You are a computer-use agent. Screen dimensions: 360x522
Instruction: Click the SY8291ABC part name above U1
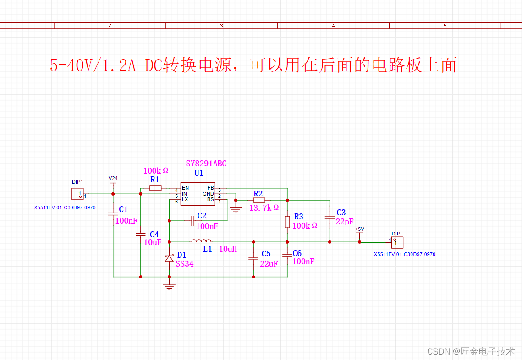pyautogui.click(x=206, y=164)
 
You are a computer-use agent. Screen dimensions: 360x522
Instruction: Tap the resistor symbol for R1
pyautogui.click(x=155, y=188)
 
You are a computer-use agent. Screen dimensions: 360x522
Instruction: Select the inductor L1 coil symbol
pyautogui.click(x=201, y=241)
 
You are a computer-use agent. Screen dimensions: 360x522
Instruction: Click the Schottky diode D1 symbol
pyautogui.click(x=169, y=258)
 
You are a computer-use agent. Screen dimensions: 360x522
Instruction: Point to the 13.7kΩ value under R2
pyautogui.click(x=264, y=207)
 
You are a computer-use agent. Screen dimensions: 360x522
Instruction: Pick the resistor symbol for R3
pyautogui.click(x=287, y=222)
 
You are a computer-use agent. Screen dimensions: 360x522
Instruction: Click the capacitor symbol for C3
pyautogui.click(x=330, y=218)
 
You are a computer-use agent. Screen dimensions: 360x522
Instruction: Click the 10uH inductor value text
pyautogui.click(x=227, y=249)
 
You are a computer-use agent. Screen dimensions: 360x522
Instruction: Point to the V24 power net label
pyautogui.click(x=113, y=178)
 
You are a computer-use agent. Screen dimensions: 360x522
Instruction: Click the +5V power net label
pyautogui.click(x=359, y=229)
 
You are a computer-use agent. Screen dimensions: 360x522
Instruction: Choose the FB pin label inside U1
pyautogui.click(x=210, y=188)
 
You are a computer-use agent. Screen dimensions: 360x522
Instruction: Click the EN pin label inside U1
pyautogui.click(x=185, y=188)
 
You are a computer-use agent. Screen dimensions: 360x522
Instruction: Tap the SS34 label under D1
pyautogui.click(x=184, y=264)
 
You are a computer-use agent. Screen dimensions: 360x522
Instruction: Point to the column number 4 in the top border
pyautogui.click(x=333, y=26)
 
